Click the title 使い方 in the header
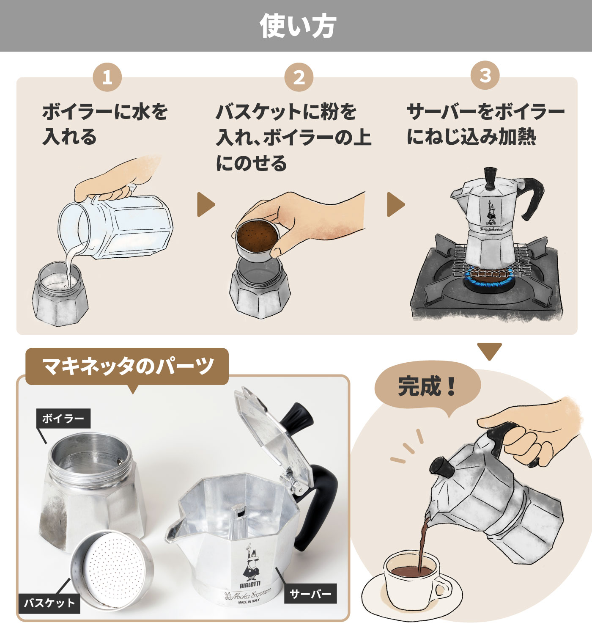tap(298, 26)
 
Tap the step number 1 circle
tap(107, 77)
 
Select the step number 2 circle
tap(299, 77)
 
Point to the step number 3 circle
tap(485, 76)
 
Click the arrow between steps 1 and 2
tap(205, 204)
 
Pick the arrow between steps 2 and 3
tap(395, 204)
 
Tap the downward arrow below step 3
tap(489, 351)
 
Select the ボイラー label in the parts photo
tap(63, 418)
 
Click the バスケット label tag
tap(49, 603)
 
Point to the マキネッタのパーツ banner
tap(127, 366)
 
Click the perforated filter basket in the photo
tap(112, 570)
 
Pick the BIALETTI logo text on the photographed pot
tap(250, 585)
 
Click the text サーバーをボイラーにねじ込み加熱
tap(485, 124)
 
